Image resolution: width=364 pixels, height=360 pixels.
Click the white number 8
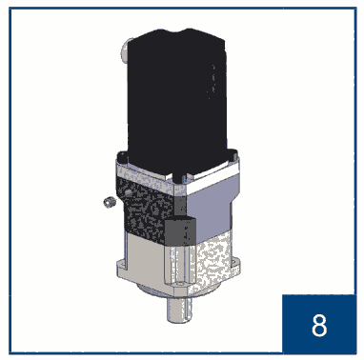tap(319, 326)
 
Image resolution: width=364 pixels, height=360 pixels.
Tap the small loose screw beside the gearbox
tap(109, 203)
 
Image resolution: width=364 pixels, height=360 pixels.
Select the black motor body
tap(177, 95)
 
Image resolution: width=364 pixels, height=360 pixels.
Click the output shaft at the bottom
tap(179, 310)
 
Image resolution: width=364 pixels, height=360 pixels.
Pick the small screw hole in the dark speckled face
tap(128, 192)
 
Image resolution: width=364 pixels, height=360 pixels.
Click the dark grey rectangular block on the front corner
tap(180, 231)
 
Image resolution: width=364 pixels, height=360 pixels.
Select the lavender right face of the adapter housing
tap(212, 208)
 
